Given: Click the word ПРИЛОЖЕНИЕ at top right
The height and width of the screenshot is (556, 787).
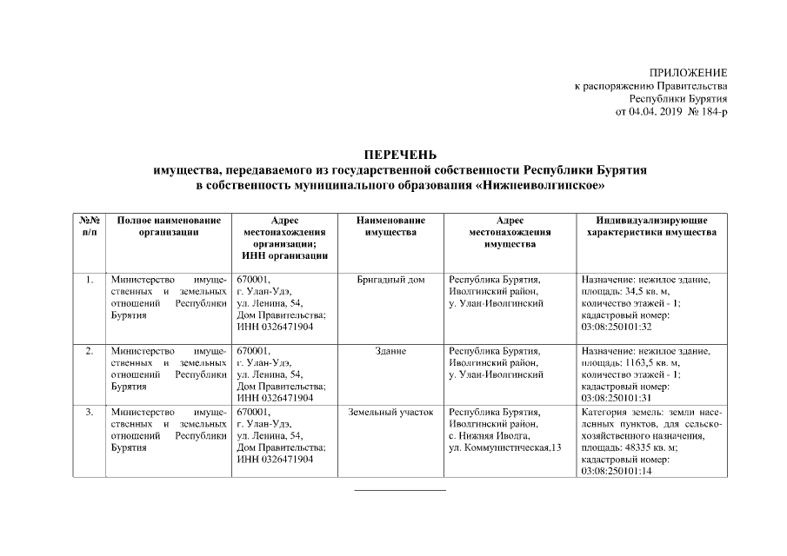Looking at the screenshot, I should click(688, 72).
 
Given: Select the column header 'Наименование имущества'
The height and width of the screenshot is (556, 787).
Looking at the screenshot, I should click(390, 227).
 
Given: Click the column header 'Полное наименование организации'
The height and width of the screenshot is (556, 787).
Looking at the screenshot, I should click(163, 227).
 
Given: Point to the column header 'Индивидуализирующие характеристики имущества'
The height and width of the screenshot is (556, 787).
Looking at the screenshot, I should click(651, 227).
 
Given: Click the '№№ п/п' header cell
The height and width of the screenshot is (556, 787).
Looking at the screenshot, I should click(89, 227).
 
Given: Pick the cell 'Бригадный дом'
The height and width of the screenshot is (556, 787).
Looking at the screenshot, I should click(390, 280).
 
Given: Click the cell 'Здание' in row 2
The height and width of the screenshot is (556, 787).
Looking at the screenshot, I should click(390, 351).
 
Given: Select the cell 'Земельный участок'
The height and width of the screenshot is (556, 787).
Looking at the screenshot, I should click(390, 411).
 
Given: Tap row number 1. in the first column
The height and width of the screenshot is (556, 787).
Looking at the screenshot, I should click(89, 280).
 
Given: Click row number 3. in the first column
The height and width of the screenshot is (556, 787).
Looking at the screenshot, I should click(89, 411).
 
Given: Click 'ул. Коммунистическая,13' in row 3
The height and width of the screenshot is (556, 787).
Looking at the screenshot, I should click(500, 447).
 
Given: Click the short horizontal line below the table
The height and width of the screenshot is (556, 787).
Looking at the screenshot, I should click(399, 490).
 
